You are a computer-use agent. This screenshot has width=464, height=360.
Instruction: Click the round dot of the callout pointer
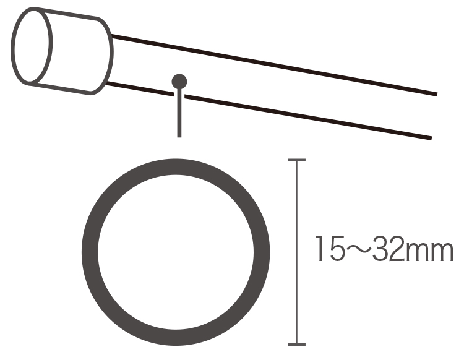click(179, 82)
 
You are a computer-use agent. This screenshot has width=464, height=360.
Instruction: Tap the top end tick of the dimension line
click(296, 160)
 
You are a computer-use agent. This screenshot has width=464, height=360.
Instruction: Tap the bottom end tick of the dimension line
click(296, 345)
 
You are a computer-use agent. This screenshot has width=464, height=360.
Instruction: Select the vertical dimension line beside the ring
click(296, 252)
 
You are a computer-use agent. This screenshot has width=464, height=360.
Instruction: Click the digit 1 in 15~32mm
click(320, 249)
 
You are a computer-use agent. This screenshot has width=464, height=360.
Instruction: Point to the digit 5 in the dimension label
click(337, 249)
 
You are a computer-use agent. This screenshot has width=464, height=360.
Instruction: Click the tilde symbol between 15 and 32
click(358, 249)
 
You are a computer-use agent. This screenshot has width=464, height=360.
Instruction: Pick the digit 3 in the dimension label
click(380, 249)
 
